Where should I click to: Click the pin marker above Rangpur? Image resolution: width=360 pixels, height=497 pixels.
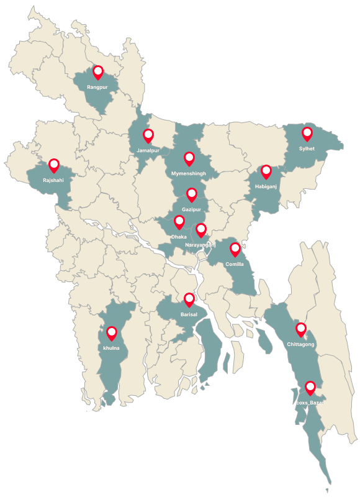click(x=97, y=73)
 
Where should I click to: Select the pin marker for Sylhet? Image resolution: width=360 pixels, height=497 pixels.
click(x=307, y=134)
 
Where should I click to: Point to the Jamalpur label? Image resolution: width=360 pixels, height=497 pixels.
click(x=148, y=151)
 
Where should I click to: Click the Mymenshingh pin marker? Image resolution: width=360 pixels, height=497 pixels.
click(x=189, y=158)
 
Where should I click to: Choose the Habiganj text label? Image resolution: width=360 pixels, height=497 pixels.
click(x=266, y=186)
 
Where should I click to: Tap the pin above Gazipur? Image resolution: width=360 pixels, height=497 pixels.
click(x=192, y=195)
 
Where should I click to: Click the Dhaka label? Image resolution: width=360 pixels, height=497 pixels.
click(x=179, y=237)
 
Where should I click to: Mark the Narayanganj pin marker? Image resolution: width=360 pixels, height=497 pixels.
click(x=200, y=230)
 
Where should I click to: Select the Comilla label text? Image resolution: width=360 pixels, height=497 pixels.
click(x=235, y=264)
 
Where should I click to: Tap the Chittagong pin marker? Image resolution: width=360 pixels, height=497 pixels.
click(x=301, y=329)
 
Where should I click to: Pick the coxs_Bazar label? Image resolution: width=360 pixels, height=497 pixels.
click(x=310, y=403)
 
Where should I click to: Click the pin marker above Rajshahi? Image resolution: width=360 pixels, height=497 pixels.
click(x=53, y=165)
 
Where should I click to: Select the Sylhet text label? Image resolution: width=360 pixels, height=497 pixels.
click(x=307, y=149)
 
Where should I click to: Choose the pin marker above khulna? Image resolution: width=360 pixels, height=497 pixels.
click(x=112, y=333)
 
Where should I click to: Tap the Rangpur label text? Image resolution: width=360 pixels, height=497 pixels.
click(x=97, y=88)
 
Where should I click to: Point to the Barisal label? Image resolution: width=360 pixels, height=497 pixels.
click(x=189, y=315)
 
